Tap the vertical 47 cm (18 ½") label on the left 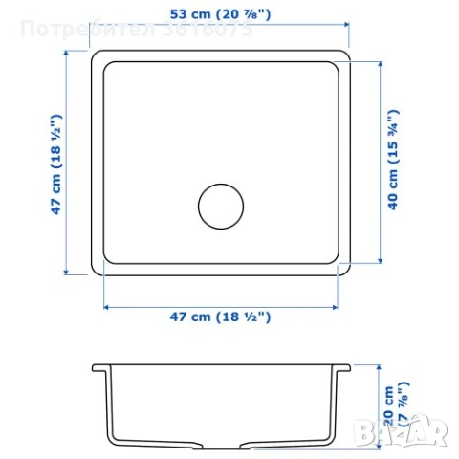56,163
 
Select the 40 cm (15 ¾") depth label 392,160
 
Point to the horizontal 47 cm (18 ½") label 220,317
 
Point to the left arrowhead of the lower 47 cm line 106,306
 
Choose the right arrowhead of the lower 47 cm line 337,306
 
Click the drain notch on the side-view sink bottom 221,446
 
